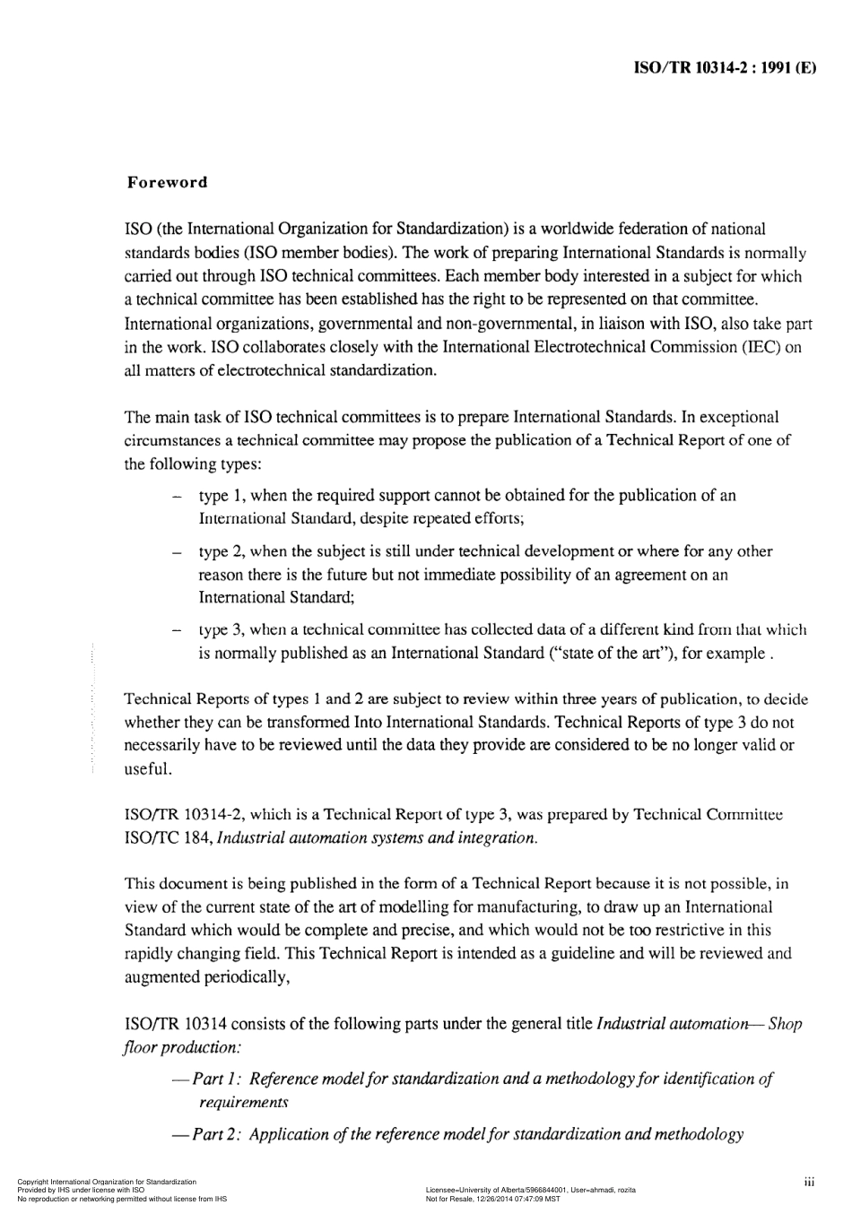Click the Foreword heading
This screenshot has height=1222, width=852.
167,183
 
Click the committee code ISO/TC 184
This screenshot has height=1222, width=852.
169,838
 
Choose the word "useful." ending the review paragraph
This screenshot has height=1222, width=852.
148,769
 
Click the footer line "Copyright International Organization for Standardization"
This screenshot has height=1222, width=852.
107,1183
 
